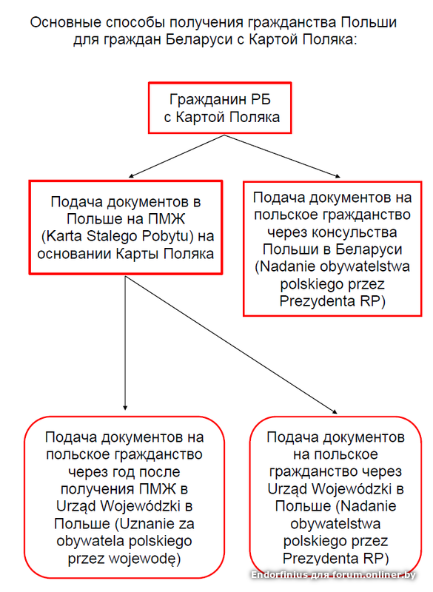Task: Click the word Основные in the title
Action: coord(65,23)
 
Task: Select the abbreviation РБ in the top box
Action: coord(259,99)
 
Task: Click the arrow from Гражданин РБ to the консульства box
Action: coord(282,155)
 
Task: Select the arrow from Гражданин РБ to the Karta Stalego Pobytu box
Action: coord(177,156)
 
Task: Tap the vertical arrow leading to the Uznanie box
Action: coord(125,343)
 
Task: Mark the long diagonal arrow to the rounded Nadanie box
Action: coord(231,345)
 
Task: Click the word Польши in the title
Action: coord(369,23)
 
